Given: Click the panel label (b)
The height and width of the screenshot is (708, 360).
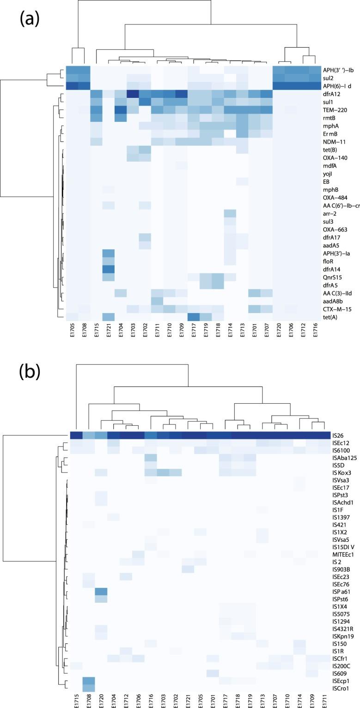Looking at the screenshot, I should coord(29,372).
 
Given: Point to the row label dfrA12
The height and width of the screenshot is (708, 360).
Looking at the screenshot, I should coord(332,94).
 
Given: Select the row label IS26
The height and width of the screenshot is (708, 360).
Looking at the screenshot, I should coord(338,435).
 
